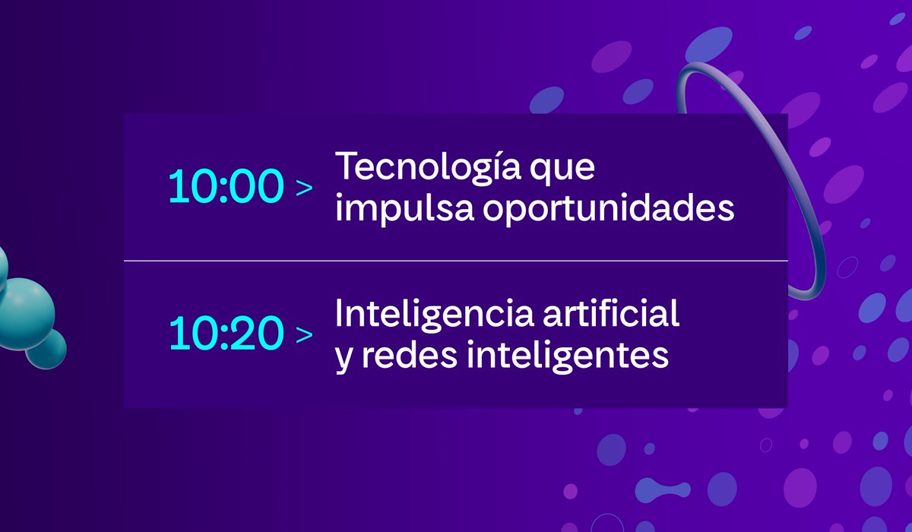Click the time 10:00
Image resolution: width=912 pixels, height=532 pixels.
(x=226, y=187)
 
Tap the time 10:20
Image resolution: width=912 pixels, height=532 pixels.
(x=226, y=334)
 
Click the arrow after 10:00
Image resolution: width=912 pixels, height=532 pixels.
(x=304, y=188)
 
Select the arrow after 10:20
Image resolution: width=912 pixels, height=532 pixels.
(x=304, y=334)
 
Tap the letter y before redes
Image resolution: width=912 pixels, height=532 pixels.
(x=344, y=357)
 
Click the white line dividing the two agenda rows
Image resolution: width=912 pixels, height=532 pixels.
(x=456, y=261)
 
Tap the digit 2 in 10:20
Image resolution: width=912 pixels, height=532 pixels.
(x=244, y=334)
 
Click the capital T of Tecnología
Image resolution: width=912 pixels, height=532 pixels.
(x=347, y=167)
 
